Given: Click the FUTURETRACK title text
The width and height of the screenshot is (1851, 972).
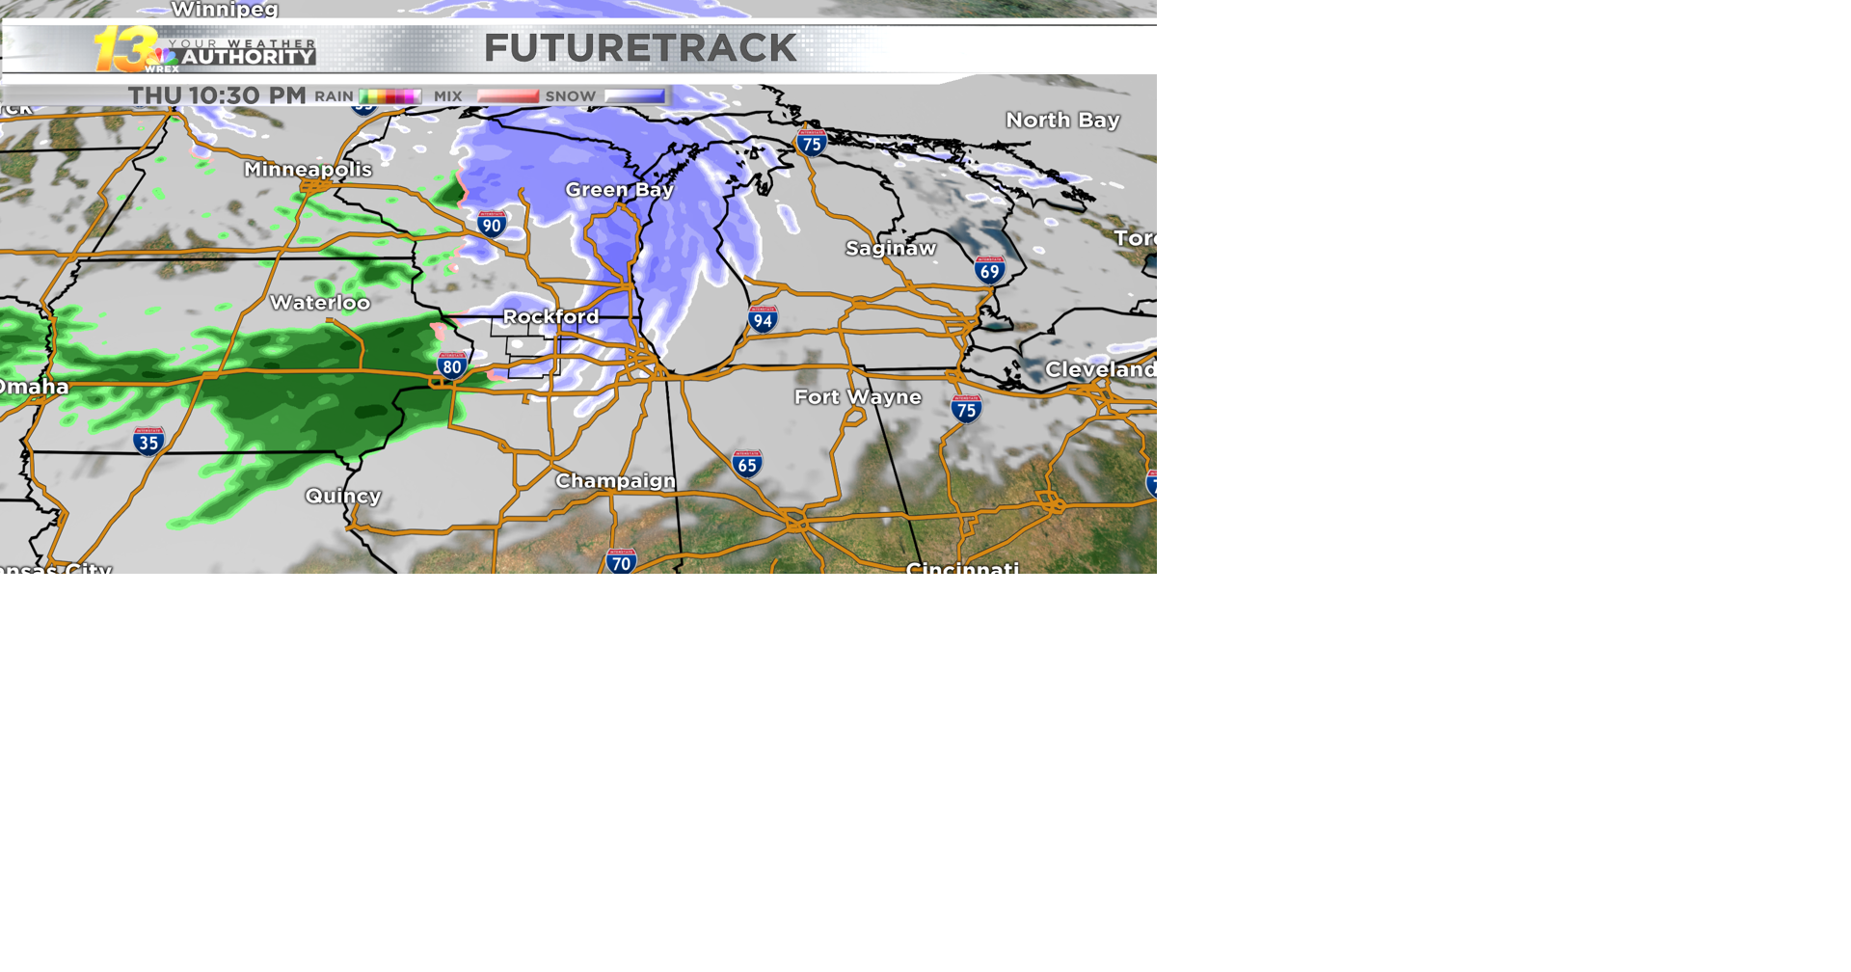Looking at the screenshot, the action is [640, 48].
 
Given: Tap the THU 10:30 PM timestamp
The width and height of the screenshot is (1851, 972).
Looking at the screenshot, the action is [217, 95].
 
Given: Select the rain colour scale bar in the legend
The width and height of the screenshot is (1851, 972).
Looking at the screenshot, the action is [389, 96].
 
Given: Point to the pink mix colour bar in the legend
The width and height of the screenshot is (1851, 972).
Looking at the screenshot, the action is [508, 96].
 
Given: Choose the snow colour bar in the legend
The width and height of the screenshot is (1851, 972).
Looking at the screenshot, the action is [634, 96].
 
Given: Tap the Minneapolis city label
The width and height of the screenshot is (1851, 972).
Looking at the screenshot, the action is [308, 170].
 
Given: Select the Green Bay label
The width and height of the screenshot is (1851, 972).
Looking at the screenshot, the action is [619, 190].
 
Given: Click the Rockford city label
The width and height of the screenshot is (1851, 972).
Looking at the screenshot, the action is [550, 316].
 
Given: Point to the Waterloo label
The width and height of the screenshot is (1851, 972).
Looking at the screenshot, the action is [320, 303].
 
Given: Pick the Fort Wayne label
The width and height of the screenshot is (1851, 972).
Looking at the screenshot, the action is [857, 397].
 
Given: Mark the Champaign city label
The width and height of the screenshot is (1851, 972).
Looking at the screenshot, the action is [615, 480].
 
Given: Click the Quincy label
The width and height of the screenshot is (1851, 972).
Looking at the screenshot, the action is [343, 496].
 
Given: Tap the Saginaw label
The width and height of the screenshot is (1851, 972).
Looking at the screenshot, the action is [891, 249].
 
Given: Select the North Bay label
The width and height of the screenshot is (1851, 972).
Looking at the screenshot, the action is [1062, 121].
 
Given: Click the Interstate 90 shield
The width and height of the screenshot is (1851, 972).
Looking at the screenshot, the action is [492, 225].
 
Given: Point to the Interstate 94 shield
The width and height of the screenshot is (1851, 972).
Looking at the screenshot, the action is [763, 319].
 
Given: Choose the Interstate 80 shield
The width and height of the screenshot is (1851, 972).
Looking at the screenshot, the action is [451, 365].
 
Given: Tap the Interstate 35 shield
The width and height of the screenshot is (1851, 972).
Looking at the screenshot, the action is [148, 442].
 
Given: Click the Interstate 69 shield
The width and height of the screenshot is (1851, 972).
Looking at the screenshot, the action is [989, 270].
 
